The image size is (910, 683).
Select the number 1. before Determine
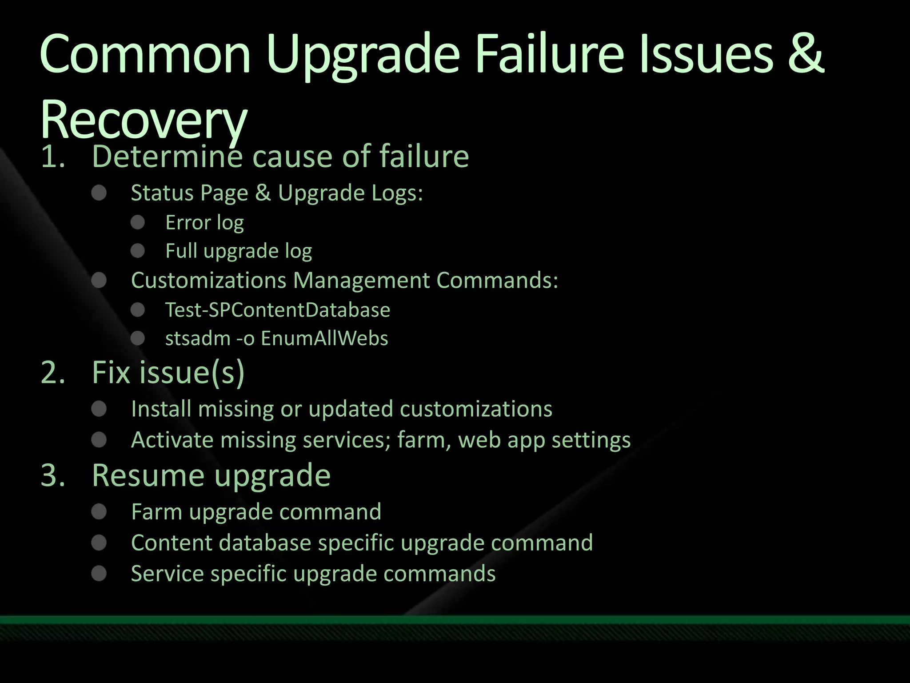tap(53, 157)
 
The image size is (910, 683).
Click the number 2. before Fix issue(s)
tap(53, 373)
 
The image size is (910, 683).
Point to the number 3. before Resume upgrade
tap(53, 475)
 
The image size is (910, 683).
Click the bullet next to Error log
tap(138, 222)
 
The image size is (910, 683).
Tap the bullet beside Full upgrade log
tap(138, 251)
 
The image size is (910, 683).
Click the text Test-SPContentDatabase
tap(277, 310)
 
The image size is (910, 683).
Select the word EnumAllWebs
tap(324, 338)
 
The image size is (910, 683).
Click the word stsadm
tap(198, 338)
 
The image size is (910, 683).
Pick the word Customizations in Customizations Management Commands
tap(208, 281)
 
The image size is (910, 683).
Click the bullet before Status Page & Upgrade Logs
tap(99, 193)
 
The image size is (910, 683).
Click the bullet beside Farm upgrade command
tap(99, 512)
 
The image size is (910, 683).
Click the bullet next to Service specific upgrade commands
tap(99, 574)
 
